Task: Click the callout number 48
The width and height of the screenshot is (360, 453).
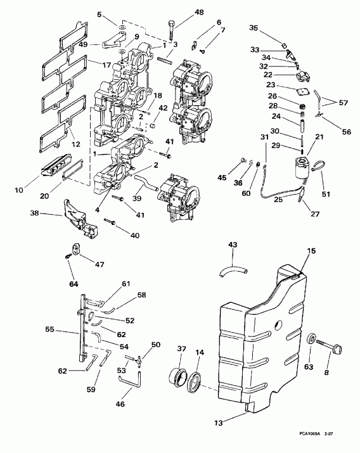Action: (x=181, y=12)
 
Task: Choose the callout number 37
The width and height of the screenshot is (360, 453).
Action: (x=182, y=348)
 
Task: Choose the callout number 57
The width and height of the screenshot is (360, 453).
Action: (x=344, y=102)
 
